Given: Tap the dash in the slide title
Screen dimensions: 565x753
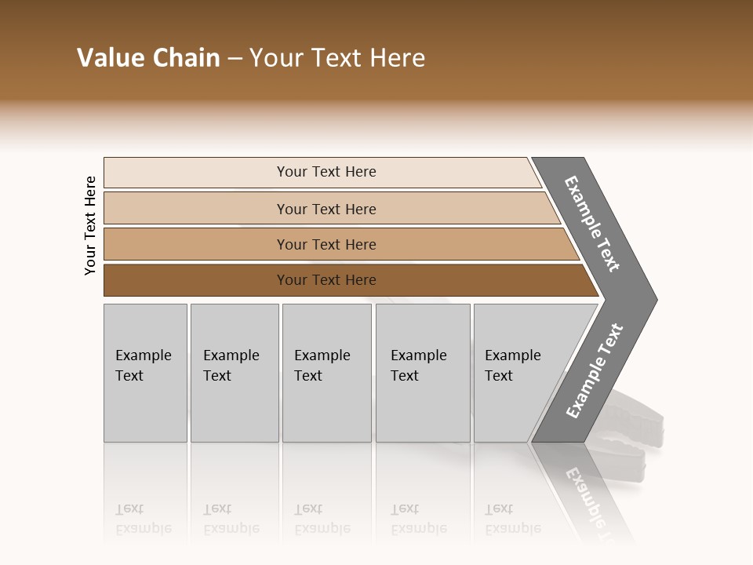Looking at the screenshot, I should click(235, 59).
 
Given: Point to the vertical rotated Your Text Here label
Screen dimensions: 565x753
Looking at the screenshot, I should click(90, 226).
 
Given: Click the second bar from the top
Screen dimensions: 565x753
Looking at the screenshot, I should click(326, 209).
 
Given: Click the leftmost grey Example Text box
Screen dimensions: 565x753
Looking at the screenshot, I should click(145, 373).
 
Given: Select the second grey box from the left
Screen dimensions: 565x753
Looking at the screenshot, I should click(234, 373).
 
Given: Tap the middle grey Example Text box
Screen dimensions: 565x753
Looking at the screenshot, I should click(326, 373).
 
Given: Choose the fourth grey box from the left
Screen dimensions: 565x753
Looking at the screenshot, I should click(422, 373).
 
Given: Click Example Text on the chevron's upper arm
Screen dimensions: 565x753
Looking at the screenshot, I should click(592, 224).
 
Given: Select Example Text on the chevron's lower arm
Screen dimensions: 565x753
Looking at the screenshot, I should click(594, 371).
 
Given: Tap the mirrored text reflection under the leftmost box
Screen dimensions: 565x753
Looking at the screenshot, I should click(144, 519).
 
